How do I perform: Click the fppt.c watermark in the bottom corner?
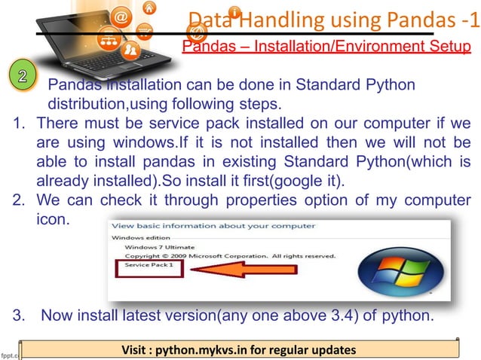click(x=9, y=351)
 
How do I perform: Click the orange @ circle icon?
click(x=122, y=14)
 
